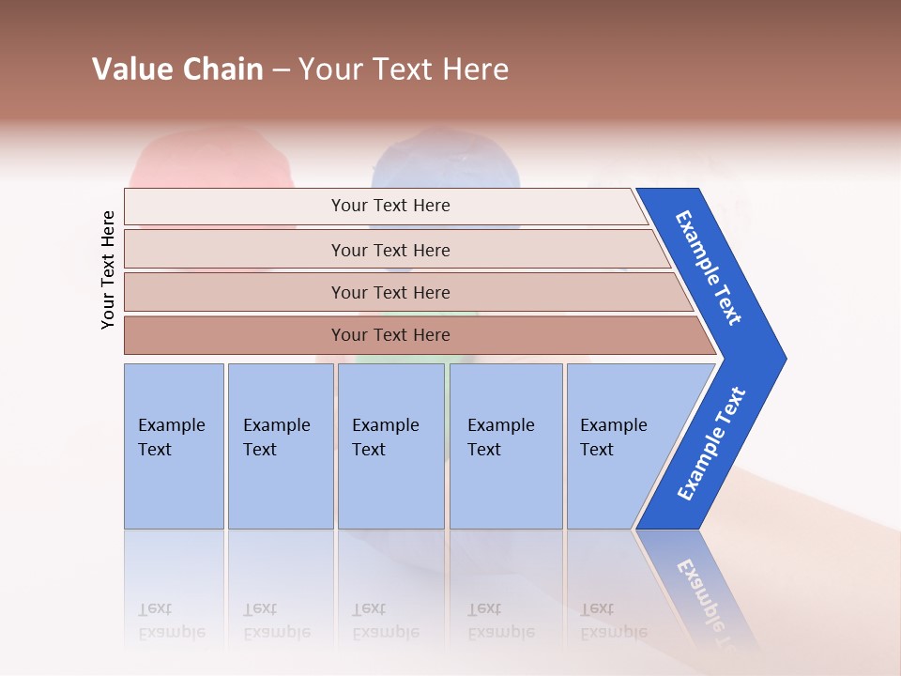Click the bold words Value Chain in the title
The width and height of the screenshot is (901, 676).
177,69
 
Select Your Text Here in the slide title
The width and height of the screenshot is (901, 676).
404,69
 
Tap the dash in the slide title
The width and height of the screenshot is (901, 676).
281,70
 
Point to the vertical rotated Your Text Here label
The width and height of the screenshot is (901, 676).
108,269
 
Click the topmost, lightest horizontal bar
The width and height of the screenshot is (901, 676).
389,206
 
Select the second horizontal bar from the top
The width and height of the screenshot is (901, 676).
389,250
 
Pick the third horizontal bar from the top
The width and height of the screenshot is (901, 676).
389,292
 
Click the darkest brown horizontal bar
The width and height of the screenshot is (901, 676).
389,335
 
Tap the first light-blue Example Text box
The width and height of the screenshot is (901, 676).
174,446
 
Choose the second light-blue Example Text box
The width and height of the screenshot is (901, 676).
280,446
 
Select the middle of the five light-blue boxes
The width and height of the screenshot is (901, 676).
390,446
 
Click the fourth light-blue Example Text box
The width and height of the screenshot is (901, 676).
505,446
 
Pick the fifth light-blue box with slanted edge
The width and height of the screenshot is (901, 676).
619,446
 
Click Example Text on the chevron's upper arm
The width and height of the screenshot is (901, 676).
709,268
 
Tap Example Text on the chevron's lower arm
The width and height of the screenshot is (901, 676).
710,444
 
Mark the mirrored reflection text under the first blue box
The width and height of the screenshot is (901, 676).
171,620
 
